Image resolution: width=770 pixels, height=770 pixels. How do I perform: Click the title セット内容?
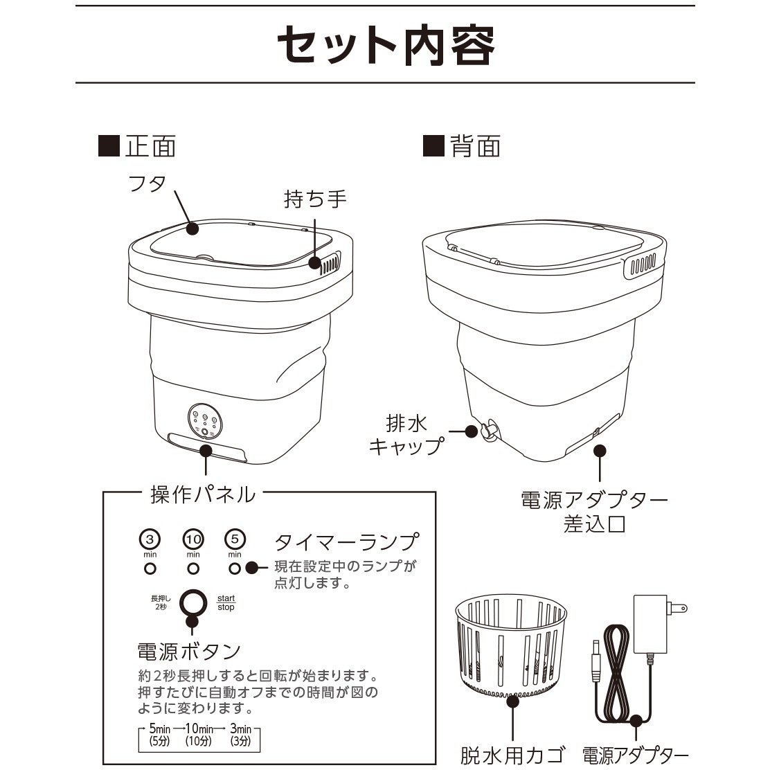pyautogui.click(x=385, y=45)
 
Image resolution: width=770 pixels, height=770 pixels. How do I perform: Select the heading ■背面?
pyautogui.click(x=462, y=146)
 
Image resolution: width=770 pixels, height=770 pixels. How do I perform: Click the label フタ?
pyautogui.click(x=147, y=183)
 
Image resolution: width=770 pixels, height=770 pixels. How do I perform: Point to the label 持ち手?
pyautogui.click(x=315, y=199)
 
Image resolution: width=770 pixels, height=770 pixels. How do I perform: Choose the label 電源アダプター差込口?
pyautogui.click(x=594, y=511)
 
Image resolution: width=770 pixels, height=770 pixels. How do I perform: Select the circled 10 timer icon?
pyautogui.click(x=193, y=538)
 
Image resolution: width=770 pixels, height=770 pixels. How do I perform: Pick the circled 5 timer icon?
pyautogui.click(x=235, y=538)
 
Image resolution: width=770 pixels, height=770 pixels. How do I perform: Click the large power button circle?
pyautogui.click(x=193, y=602)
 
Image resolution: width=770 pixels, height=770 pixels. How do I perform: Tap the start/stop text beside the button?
pyautogui.click(x=226, y=602)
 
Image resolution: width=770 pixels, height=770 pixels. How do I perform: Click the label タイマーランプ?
pyautogui.click(x=347, y=541)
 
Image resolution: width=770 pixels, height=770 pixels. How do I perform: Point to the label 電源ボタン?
pyautogui.click(x=189, y=652)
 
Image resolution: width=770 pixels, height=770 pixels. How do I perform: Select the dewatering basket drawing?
pyautogui.click(x=511, y=645)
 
